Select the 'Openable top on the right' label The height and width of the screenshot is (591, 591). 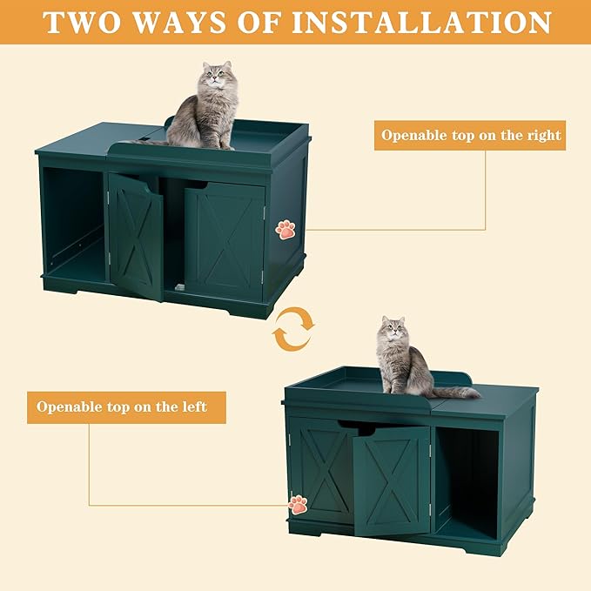[x=471, y=136]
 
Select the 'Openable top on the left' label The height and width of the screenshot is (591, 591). [x=121, y=406]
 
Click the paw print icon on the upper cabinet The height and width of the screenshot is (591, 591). [x=285, y=229]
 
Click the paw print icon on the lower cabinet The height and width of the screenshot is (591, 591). [x=298, y=504]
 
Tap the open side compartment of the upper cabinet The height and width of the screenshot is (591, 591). [x=74, y=225]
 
